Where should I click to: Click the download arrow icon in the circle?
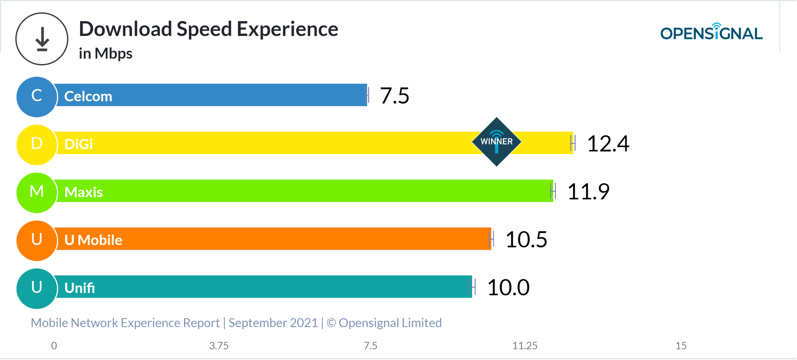(x=42, y=39)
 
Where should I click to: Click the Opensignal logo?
(x=711, y=32)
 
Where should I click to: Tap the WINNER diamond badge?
(x=496, y=142)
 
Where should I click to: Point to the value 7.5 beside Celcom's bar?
(x=394, y=96)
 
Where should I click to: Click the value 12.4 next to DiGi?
(x=608, y=144)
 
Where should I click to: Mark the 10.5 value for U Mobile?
(x=526, y=240)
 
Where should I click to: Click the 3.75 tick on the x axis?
(x=219, y=345)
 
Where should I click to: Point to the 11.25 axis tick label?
(x=525, y=345)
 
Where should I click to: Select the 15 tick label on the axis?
(x=681, y=345)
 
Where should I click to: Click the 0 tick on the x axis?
(x=54, y=345)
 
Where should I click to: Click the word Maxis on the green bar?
(x=83, y=192)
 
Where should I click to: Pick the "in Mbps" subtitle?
(x=106, y=54)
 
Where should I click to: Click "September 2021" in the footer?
(x=273, y=323)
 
